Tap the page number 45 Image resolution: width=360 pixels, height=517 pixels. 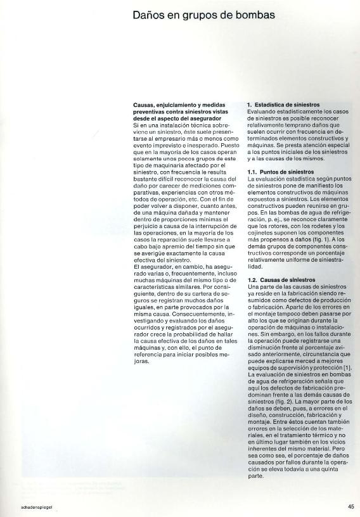(350, 506)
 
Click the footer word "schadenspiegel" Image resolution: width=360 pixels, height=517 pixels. (24, 507)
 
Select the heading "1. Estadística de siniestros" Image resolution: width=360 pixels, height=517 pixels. (283, 104)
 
